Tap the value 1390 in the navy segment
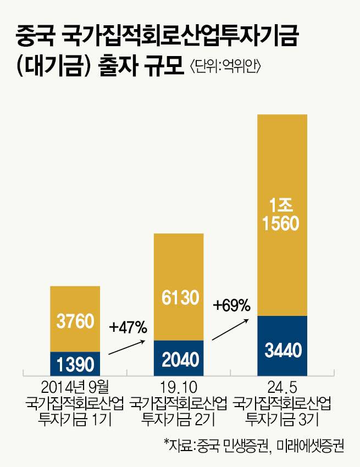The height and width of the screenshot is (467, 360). (x=75, y=363)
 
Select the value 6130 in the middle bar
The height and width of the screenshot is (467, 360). (x=179, y=298)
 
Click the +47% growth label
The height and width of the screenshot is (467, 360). (x=128, y=328)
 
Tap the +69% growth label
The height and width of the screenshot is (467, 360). (x=232, y=304)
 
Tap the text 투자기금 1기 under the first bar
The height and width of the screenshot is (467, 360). (x=75, y=420)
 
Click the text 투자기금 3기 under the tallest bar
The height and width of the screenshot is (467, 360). (x=283, y=420)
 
